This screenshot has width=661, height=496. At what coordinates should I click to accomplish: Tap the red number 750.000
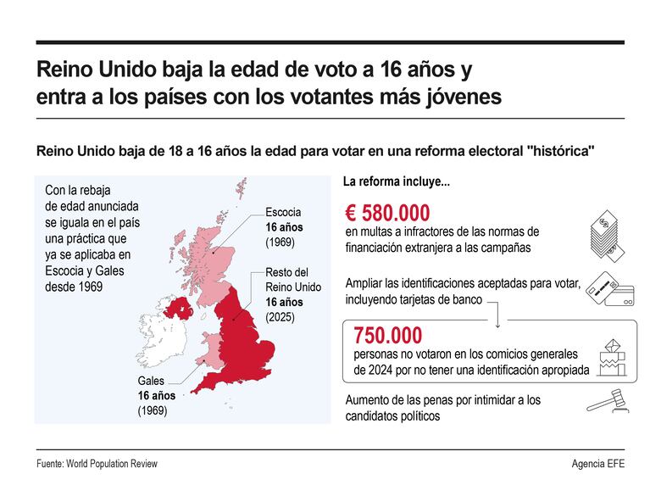point(387,335)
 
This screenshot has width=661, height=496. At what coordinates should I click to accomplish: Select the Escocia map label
point(283,212)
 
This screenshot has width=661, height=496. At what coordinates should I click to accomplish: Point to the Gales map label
point(151,381)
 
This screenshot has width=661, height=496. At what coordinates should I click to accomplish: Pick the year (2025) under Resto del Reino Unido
point(282,317)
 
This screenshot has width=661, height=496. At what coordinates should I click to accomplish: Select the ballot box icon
point(611,356)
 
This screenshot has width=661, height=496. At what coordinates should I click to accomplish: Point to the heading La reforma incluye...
point(396,181)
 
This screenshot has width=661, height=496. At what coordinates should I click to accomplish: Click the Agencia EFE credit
point(597,464)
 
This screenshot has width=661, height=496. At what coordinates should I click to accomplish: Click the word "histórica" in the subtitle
point(560,151)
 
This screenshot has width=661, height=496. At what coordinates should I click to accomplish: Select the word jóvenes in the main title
point(458,98)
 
